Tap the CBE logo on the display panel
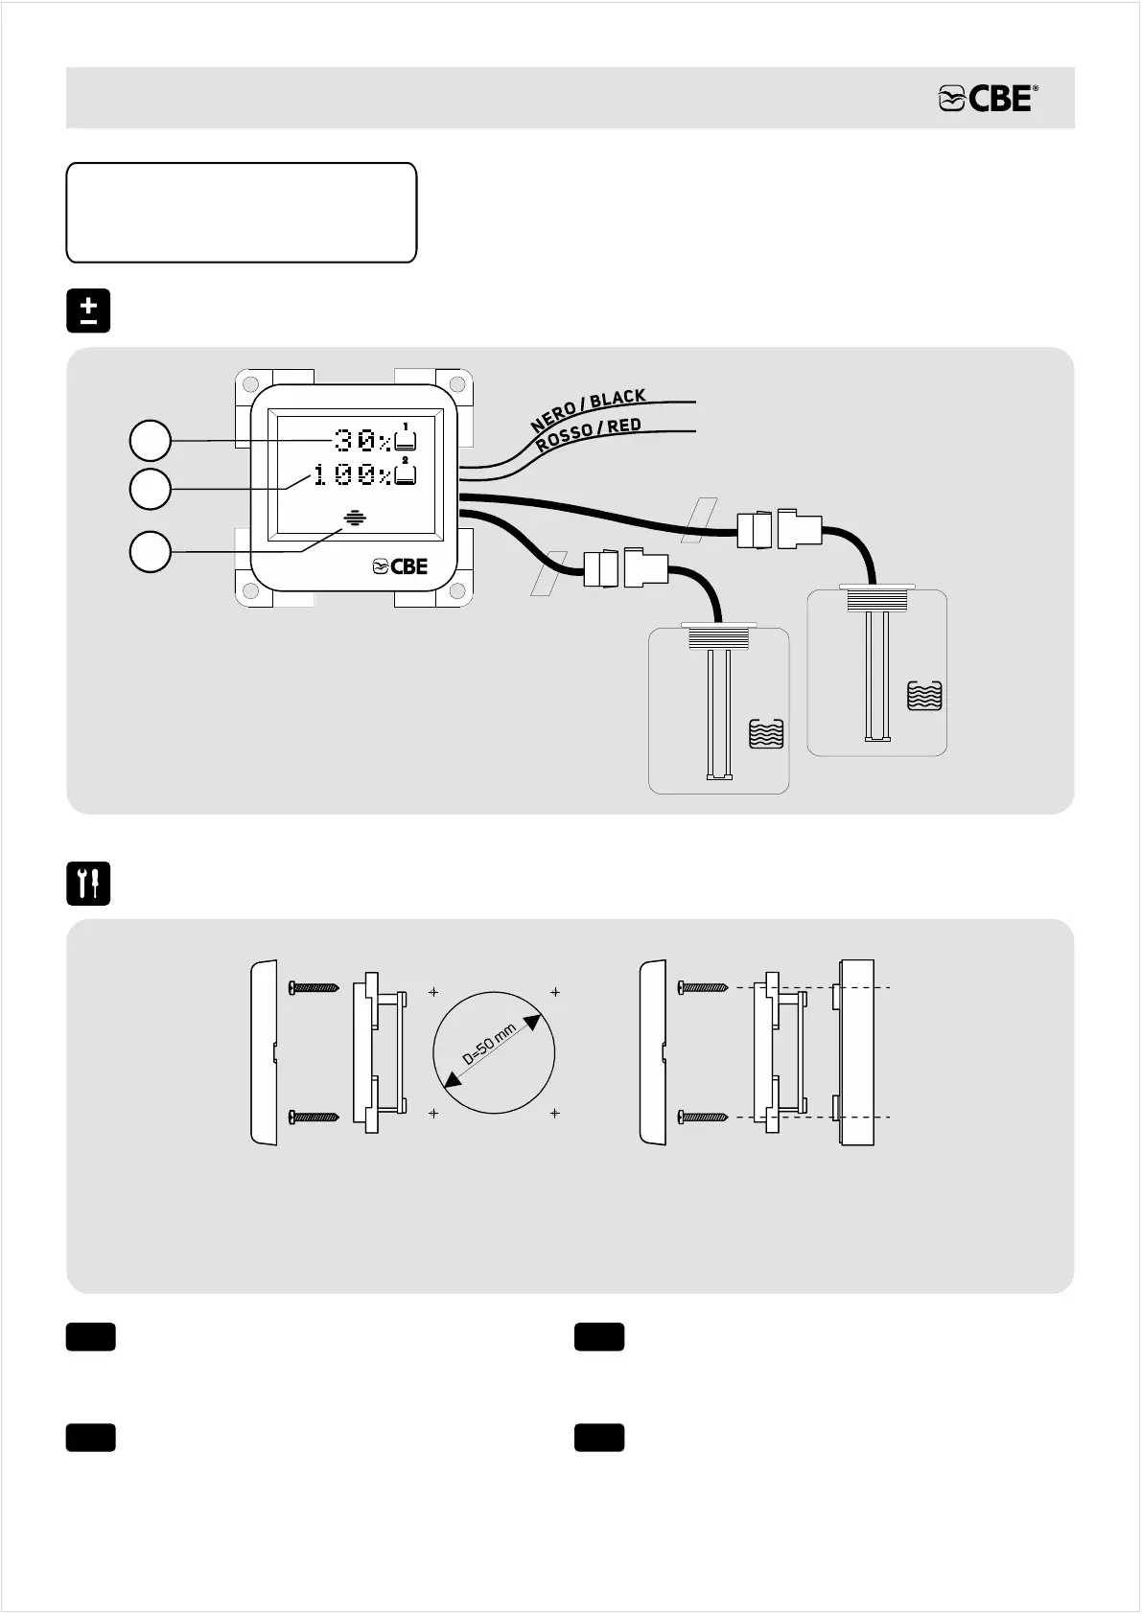coord(400,566)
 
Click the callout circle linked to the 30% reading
coord(151,441)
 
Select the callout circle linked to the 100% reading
coord(151,489)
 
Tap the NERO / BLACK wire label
coord(589,409)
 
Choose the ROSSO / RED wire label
coord(589,435)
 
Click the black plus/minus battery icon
coord(88,311)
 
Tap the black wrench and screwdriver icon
coord(88,884)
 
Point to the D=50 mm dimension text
coord(490,1045)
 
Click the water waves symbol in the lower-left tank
coord(766,734)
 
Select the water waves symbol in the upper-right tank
coord(925,695)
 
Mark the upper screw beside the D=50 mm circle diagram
coord(313,986)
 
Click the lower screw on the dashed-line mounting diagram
coord(703,1117)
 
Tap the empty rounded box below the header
coord(241,213)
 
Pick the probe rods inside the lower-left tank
coord(719,715)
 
